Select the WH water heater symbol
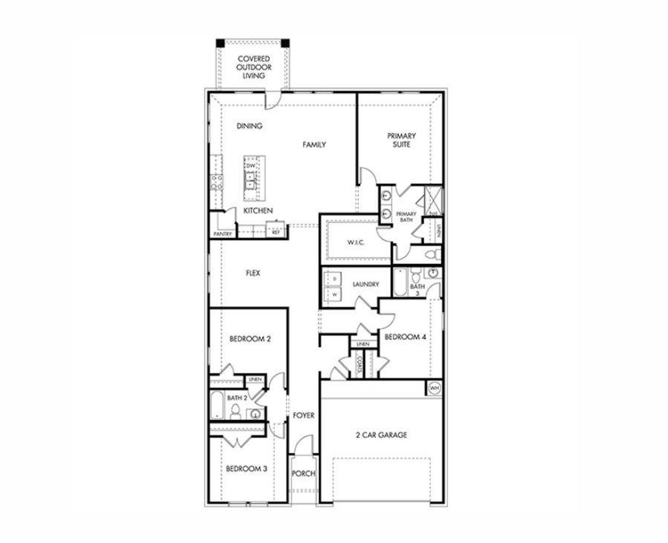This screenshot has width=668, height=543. pos(434,388)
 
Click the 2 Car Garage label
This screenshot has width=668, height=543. pos(381,434)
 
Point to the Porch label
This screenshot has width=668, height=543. pos(303,474)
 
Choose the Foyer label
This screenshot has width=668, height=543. pos(303,416)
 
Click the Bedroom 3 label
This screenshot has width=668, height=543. pos(246,469)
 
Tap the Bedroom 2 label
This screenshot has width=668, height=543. pos(250,339)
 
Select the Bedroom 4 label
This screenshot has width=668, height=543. pos(405,337)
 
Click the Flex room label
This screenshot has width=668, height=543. pos(253,273)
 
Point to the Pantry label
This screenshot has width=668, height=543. pos(223,234)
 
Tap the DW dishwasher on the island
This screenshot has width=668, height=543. pos(250,166)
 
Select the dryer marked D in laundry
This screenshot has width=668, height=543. pos(333,279)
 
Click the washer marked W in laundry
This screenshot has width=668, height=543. pos(333,294)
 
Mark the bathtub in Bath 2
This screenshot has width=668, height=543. pos(217,406)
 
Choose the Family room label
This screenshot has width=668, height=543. pos(314,145)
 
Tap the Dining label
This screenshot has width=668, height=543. pos(249,126)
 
